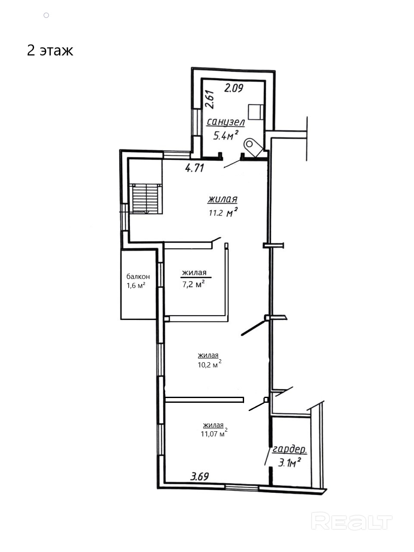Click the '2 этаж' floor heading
point(50,51)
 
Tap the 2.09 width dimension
point(234,88)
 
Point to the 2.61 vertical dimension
point(210,99)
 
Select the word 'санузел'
point(226,122)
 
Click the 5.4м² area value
point(226,136)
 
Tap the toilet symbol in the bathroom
point(253,147)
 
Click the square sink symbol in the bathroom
point(256,112)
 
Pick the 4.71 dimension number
point(194,168)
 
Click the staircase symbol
point(146,199)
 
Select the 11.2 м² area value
point(223,213)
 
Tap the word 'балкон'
point(138,276)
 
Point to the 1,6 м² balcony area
point(136,285)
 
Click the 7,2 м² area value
point(193,284)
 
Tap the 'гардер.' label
point(289,449)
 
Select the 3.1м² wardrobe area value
point(289,462)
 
